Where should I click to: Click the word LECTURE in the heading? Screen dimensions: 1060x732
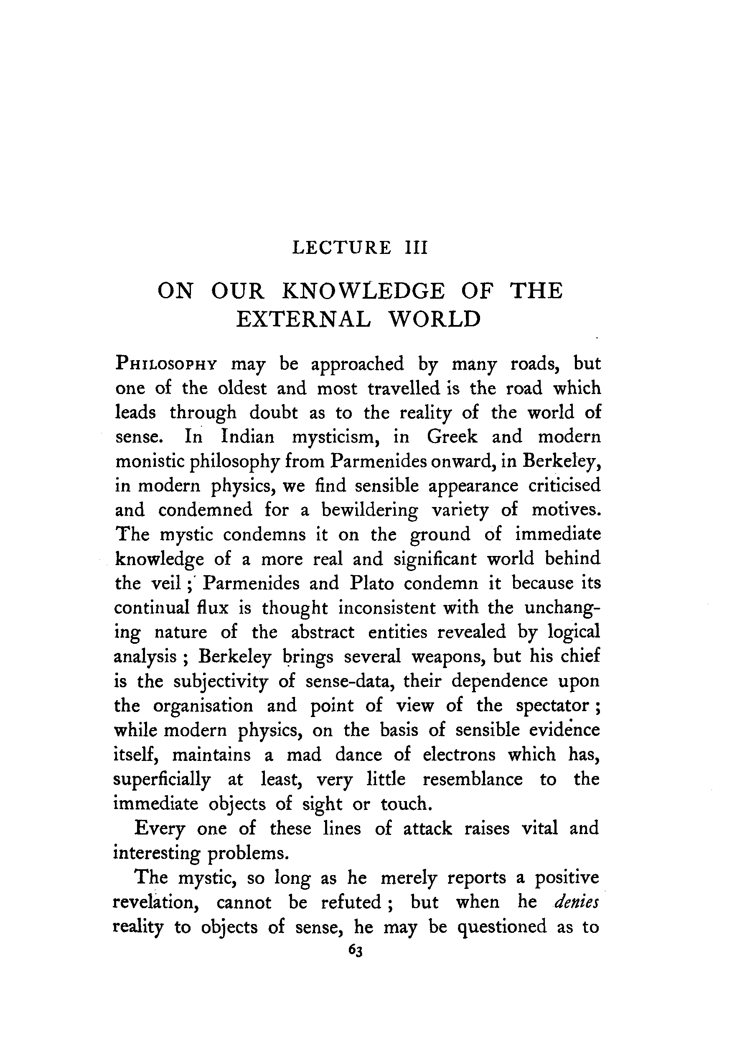click(342, 248)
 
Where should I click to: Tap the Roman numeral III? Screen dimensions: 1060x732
click(416, 248)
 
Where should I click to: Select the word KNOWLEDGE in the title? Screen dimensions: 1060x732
click(363, 291)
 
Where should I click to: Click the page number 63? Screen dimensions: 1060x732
click(356, 950)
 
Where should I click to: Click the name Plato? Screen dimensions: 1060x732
click(371, 584)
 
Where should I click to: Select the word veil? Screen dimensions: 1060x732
click(165, 584)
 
